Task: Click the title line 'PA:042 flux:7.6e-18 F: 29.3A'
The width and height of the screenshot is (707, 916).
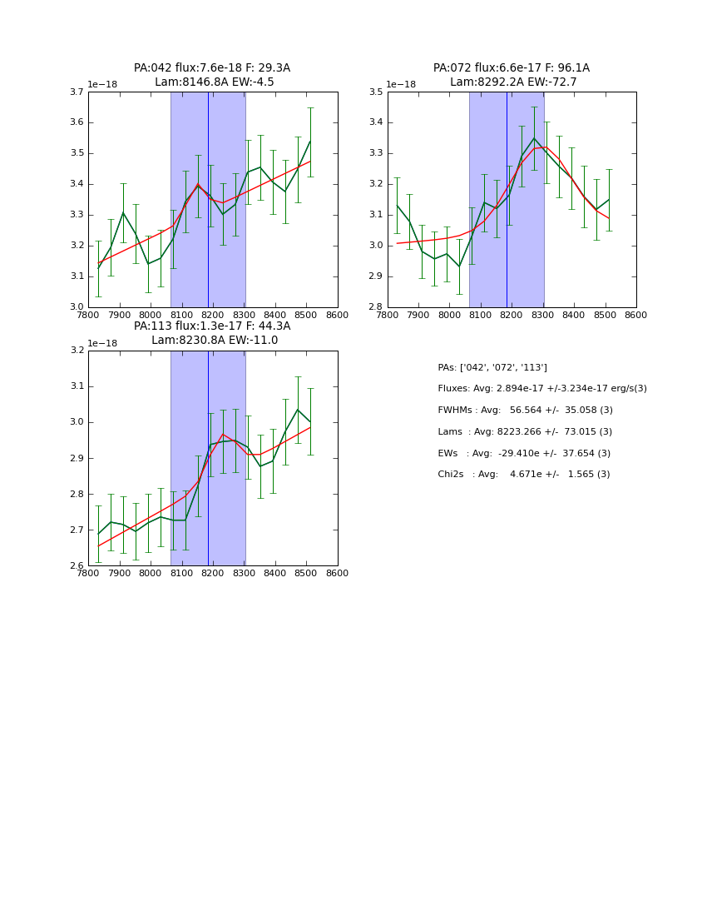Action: click(212, 68)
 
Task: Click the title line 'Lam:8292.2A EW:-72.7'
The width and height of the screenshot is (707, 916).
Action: click(513, 82)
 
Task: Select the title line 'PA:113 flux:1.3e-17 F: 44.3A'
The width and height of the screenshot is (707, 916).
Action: click(212, 326)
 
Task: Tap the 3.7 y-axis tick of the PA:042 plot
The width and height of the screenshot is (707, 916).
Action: click(76, 92)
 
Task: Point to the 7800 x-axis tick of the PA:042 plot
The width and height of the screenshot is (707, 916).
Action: click(88, 316)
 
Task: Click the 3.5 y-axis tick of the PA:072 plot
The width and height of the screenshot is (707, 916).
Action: click(375, 92)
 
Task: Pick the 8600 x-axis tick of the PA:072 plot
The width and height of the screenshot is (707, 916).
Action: click(636, 316)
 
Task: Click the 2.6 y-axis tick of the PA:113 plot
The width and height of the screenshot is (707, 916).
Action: click(76, 566)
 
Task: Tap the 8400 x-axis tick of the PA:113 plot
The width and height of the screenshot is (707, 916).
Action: click(275, 574)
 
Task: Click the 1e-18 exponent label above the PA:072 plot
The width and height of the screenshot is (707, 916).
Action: click(401, 84)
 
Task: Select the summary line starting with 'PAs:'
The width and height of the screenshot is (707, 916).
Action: click(492, 367)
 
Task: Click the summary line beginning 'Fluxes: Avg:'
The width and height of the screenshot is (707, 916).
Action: click(542, 389)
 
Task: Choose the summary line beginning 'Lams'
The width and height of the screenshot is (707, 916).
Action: click(525, 432)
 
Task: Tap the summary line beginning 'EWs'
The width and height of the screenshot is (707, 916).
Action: click(524, 453)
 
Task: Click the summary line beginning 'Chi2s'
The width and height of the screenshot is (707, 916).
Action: click(524, 475)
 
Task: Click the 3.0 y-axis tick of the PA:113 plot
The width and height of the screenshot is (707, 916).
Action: click(76, 422)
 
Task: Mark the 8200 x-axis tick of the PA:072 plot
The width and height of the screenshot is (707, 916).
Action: click(512, 316)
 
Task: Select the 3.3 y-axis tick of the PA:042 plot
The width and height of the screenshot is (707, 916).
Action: click(76, 215)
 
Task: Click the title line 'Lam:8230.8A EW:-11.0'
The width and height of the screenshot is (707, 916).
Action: click(215, 341)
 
